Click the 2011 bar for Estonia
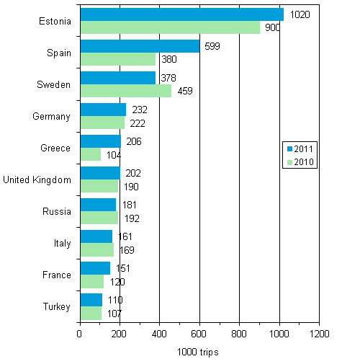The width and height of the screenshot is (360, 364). click(x=181, y=14)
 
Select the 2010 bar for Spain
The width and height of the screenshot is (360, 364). click(x=118, y=59)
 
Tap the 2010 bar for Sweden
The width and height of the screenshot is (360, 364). click(x=126, y=91)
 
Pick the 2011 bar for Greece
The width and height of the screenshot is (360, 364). click(x=100, y=141)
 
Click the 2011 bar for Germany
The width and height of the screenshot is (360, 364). click(x=103, y=110)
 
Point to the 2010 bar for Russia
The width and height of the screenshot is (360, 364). click(x=99, y=218)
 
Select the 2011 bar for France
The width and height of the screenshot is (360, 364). click(x=95, y=268)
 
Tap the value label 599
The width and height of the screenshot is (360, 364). click(x=213, y=46)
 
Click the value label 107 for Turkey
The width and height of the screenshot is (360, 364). click(x=114, y=314)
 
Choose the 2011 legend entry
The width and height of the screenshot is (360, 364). click(x=301, y=148)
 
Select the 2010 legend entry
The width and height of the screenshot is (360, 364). click(x=301, y=161)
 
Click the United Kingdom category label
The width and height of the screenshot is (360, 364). click(x=37, y=180)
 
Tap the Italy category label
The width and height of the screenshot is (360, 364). click(x=62, y=244)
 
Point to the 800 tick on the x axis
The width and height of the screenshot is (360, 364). click(x=239, y=334)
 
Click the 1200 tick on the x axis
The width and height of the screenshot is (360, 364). click(x=319, y=334)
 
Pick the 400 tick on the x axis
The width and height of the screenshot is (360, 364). click(x=159, y=334)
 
